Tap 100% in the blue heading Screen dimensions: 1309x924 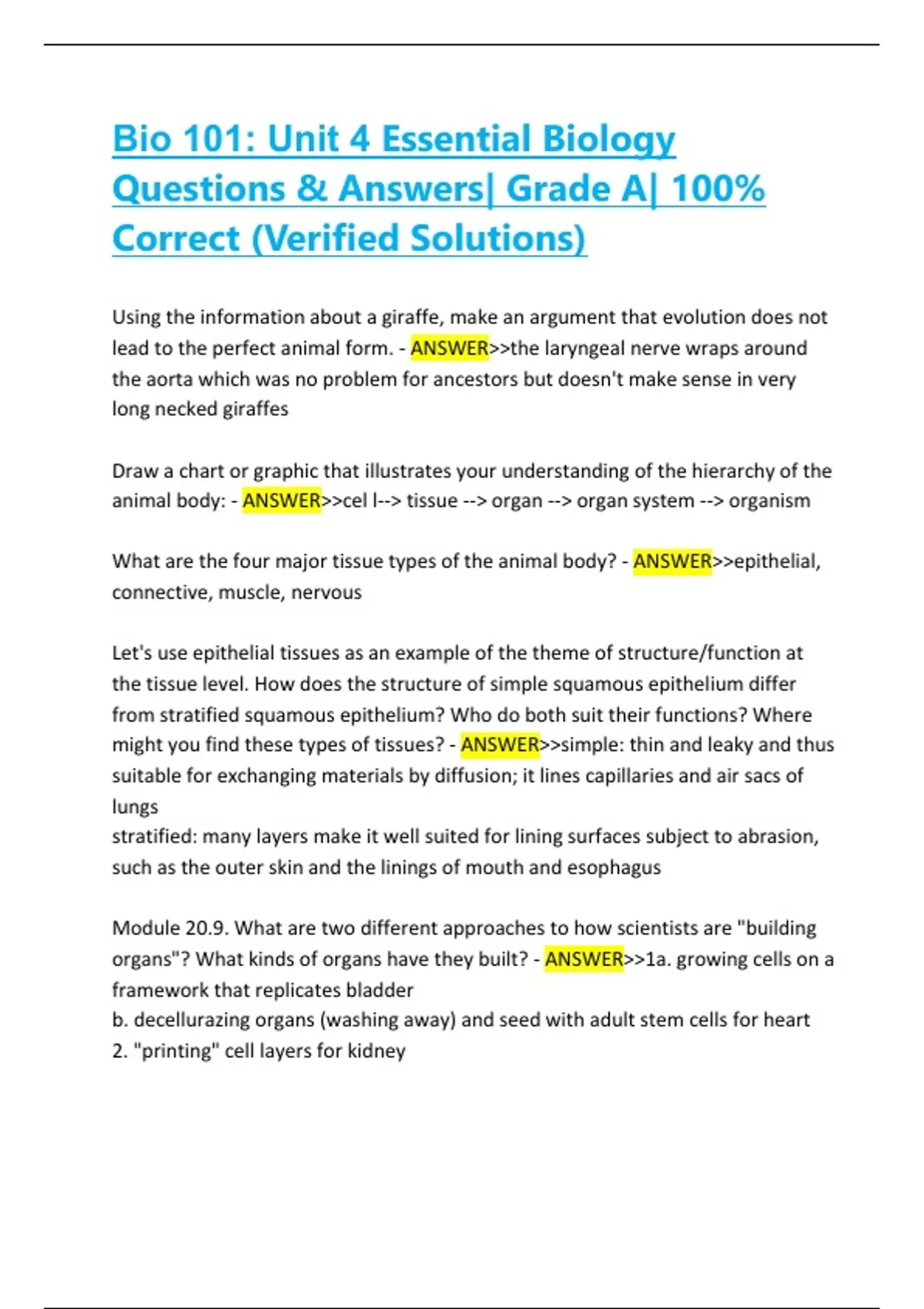click(718, 189)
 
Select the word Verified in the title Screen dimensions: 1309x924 click(329, 239)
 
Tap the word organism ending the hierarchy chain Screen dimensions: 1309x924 click(769, 501)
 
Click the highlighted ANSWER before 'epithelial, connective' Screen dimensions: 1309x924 click(672, 562)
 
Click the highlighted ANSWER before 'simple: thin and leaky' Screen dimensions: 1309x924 click(500, 745)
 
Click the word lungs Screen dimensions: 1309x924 click(135, 807)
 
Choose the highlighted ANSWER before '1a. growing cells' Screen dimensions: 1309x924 click(584, 959)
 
